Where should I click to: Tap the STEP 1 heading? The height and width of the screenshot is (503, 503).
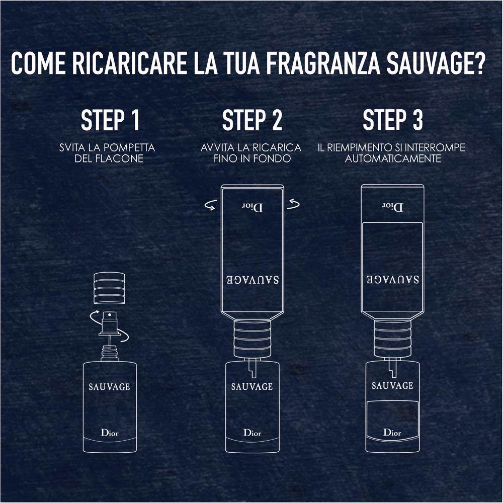[x=110, y=120]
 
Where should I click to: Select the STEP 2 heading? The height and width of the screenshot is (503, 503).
[x=252, y=120]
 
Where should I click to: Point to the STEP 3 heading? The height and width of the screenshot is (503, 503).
[x=393, y=120]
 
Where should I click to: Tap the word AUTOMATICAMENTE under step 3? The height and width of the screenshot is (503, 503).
[x=393, y=158]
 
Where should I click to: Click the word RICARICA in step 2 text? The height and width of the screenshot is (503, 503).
[x=277, y=148]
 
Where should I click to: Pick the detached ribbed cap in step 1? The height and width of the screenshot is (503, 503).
[x=109, y=288]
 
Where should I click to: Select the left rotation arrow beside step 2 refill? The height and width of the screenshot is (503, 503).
[x=210, y=205]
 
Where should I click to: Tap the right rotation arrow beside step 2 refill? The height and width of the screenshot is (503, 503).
[x=293, y=204]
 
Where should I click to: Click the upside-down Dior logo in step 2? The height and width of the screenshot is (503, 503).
[x=252, y=208]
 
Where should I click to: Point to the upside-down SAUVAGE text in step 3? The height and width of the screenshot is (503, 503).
[x=393, y=279]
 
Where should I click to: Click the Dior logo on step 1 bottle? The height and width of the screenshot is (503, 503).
[x=110, y=433]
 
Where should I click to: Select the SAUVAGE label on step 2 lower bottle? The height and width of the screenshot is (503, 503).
[x=252, y=386]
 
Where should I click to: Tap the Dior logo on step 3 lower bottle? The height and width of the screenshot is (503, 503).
[x=392, y=433]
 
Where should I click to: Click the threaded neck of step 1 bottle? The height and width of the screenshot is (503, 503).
[x=110, y=353]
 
